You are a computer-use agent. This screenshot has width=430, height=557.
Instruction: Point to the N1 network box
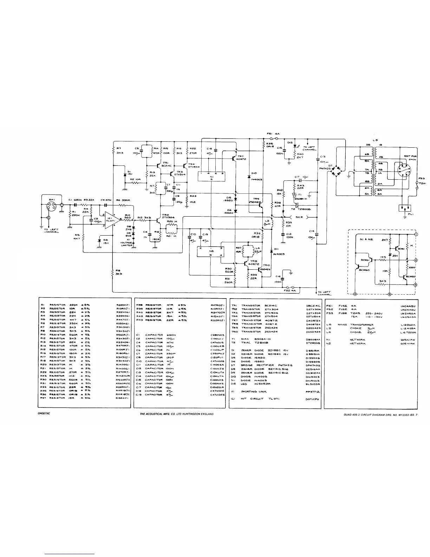coord(211,176)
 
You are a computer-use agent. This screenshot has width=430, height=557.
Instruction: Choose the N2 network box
coord(210,252)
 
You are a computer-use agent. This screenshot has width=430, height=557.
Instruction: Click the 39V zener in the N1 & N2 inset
coord(390,254)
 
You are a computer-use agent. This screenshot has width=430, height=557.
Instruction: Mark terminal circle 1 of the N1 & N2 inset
coord(416,234)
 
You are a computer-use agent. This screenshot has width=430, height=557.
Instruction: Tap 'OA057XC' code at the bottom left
coord(44,414)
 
